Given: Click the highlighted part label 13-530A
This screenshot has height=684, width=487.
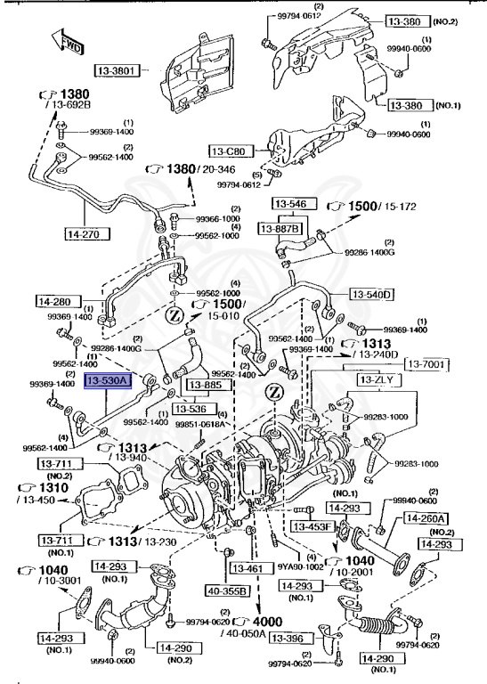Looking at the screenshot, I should (x=108, y=380).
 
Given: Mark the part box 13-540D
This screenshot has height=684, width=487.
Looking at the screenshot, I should (x=371, y=294).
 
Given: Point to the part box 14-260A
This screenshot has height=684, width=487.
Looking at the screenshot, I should (x=426, y=517).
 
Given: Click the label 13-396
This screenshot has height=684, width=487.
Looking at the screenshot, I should (x=289, y=639).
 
